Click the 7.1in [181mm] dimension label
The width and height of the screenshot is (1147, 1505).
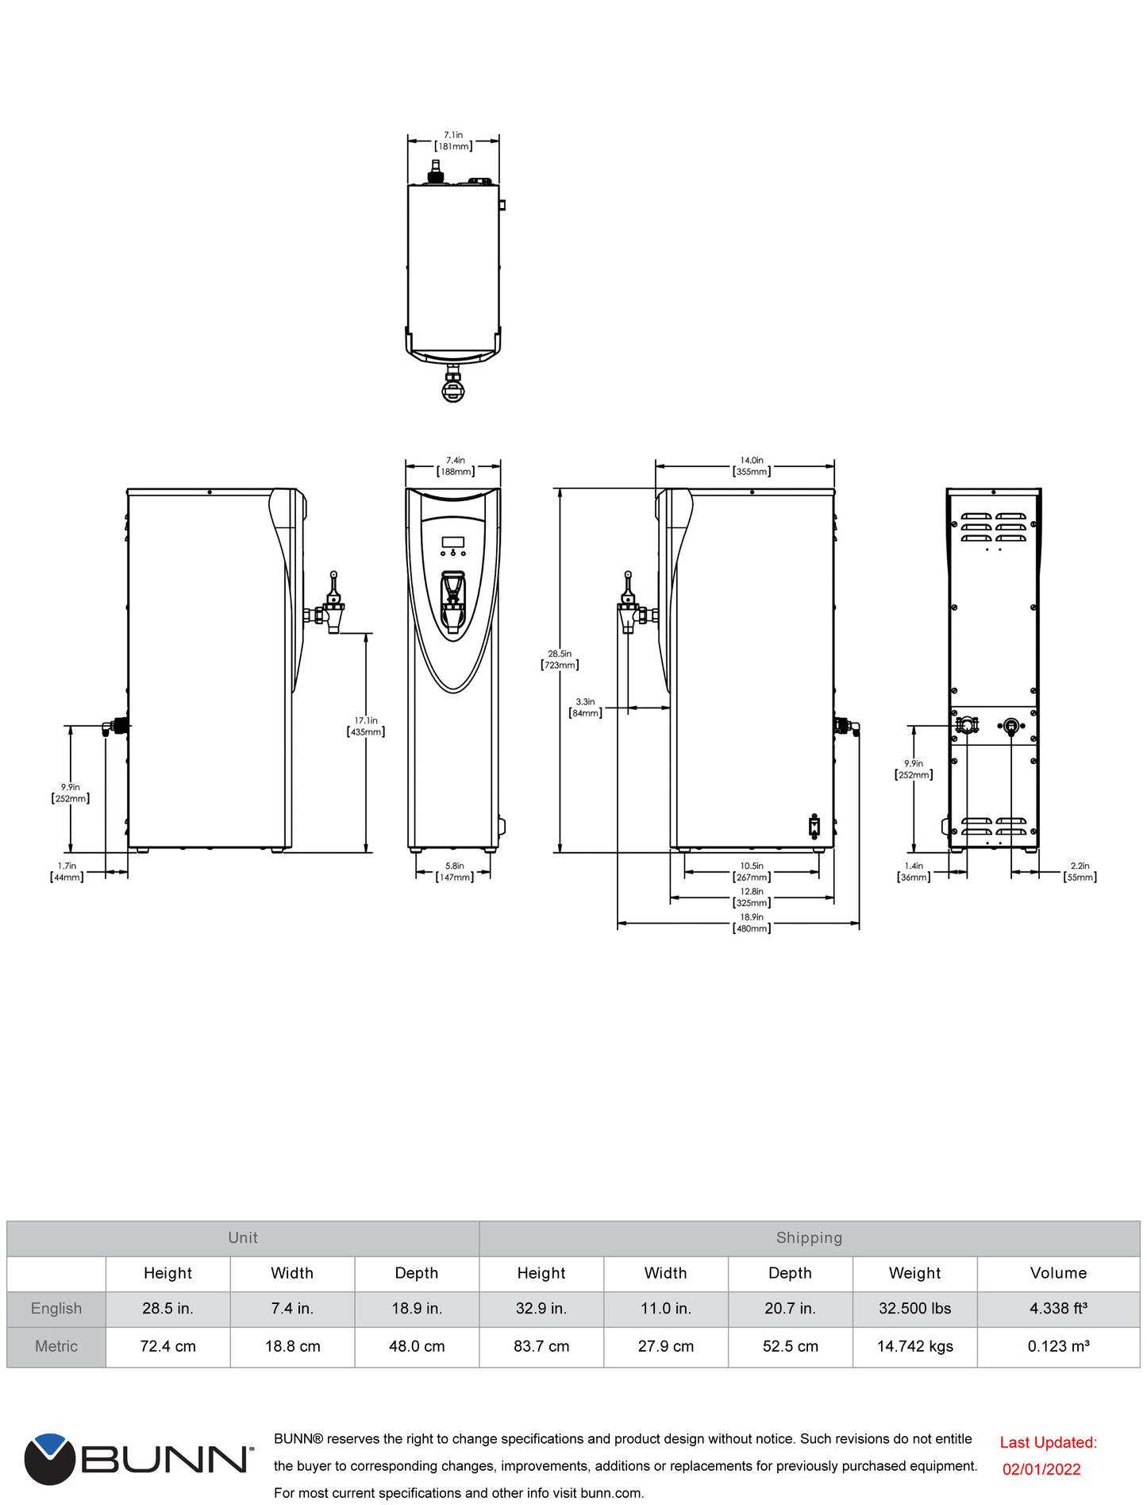(453, 141)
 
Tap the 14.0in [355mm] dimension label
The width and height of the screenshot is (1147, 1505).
(752, 466)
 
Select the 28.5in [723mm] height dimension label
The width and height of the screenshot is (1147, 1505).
(560, 660)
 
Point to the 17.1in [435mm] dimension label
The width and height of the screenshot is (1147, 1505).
(366, 727)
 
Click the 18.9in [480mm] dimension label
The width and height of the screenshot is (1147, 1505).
(752, 923)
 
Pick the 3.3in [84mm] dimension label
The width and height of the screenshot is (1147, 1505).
(585, 708)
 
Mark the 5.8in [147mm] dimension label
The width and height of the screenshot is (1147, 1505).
(455, 872)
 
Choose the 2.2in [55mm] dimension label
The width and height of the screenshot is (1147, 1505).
(1080, 872)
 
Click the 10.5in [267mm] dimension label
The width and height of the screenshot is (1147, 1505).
(752, 872)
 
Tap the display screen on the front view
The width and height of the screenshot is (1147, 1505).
(452, 542)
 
